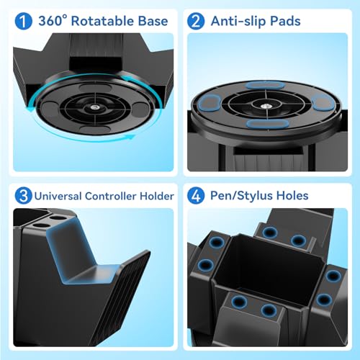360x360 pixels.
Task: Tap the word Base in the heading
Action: [151, 20]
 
